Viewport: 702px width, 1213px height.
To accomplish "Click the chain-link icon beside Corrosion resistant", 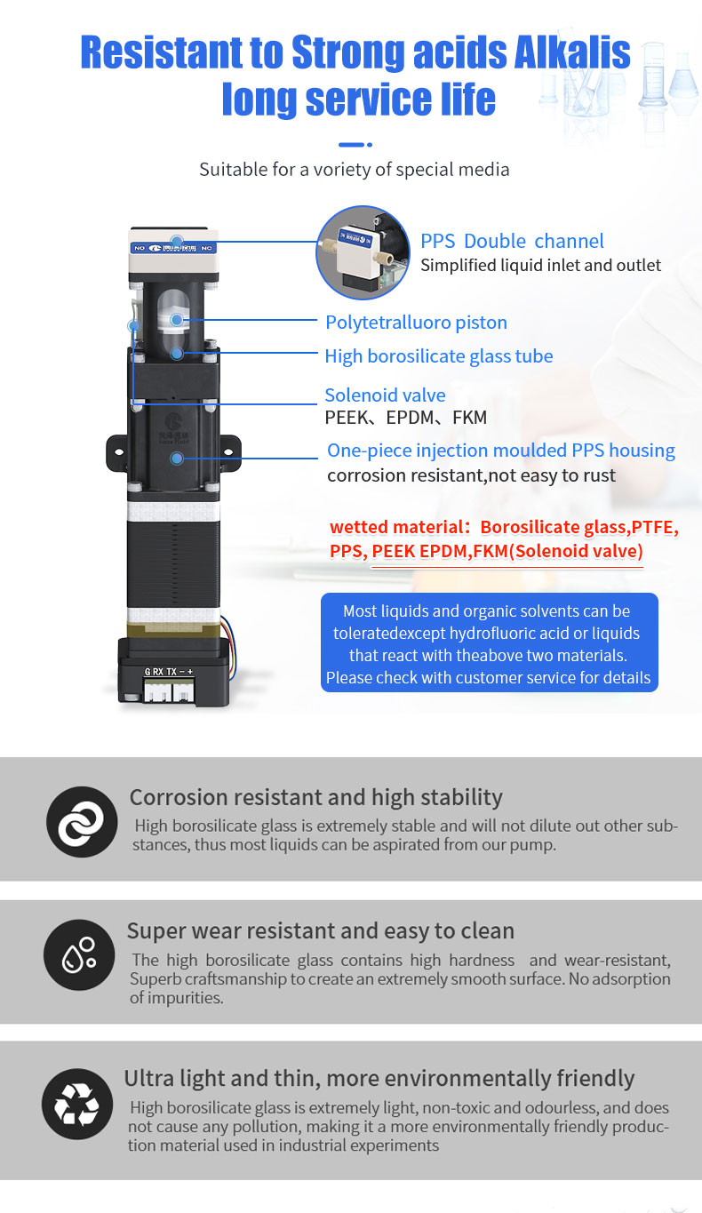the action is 81,822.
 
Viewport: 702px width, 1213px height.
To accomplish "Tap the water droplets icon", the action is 78,954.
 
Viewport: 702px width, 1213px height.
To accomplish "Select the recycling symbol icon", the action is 77,1104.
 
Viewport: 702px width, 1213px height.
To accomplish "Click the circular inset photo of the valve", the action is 363,252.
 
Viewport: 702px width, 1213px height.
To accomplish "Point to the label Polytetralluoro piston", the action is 416,322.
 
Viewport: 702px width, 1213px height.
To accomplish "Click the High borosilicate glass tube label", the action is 438,356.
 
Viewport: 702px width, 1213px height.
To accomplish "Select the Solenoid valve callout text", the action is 385,395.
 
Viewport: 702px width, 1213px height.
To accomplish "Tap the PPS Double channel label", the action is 512,241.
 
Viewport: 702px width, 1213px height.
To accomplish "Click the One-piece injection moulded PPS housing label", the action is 500,451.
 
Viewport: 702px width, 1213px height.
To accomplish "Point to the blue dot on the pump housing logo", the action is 178,459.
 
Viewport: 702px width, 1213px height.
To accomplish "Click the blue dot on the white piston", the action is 177,319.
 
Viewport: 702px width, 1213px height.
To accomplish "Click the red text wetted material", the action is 398,527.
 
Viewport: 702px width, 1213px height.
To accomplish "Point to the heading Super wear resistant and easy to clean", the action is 320,931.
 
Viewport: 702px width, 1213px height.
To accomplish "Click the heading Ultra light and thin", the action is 379,1078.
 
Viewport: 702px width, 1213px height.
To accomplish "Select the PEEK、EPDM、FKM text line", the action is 405,418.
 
